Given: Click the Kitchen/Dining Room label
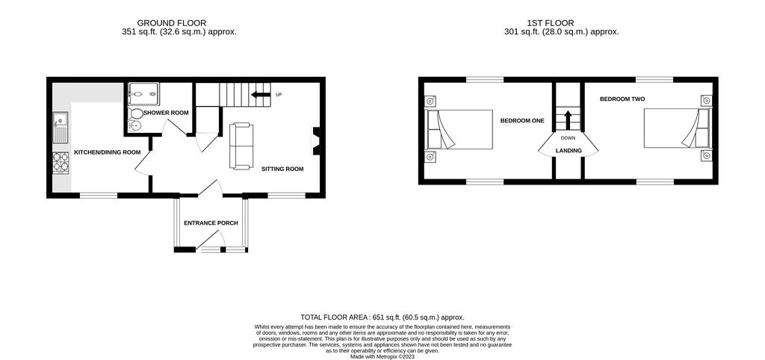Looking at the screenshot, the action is tap(108, 152).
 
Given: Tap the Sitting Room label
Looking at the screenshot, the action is tap(282, 170).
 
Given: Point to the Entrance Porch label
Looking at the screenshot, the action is tap(211, 223).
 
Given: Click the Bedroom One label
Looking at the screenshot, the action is tap(522, 120).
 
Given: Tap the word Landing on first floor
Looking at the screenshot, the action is tap(569, 151).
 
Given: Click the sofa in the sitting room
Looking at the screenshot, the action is tap(241, 146).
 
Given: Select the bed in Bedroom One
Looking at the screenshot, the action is tap(459, 129).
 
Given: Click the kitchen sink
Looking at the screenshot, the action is tap(61, 127).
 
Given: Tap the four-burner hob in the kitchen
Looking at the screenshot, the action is tap(61, 163).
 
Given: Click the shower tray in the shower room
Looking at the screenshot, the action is tap(143, 93).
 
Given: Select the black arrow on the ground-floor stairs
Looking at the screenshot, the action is tap(261, 94).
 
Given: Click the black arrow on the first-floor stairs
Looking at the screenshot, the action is tap(568, 120).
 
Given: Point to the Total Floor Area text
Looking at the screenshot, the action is tap(382, 317).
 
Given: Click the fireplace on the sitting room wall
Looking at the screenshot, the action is tap(316, 141).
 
